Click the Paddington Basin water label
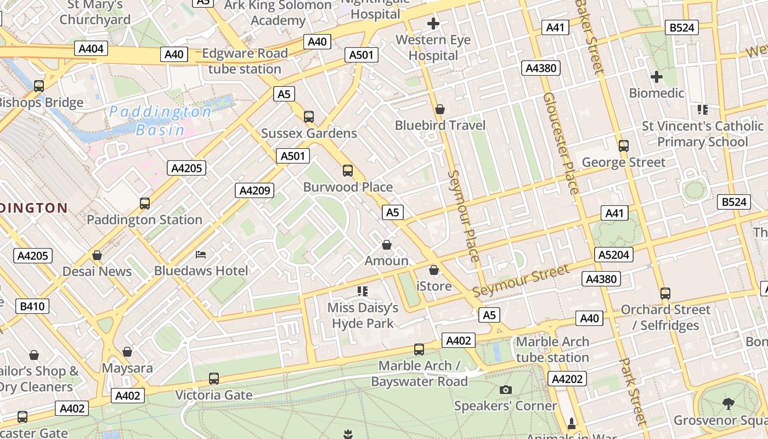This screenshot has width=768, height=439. [x=159, y=121]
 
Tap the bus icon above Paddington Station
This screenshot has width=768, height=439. [x=145, y=204]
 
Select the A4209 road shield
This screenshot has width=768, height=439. [x=255, y=190]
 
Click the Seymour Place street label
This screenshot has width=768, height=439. [x=464, y=215]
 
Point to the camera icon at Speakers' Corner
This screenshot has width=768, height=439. [x=506, y=390]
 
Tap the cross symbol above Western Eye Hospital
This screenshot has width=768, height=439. [x=433, y=24]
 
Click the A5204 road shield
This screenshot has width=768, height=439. [x=614, y=255]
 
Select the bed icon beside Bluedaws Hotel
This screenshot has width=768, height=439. [x=201, y=255]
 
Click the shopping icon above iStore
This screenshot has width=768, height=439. [x=434, y=270]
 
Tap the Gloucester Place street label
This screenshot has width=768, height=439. [x=561, y=143]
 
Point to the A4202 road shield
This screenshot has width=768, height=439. [x=567, y=379]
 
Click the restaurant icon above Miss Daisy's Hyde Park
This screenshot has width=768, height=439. [x=362, y=291]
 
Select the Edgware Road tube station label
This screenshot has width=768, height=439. [x=245, y=61]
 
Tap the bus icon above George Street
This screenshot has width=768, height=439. [x=623, y=146]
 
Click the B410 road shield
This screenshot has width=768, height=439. [x=32, y=306]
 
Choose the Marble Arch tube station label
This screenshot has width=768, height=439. [x=552, y=350]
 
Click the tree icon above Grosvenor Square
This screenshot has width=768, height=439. [x=729, y=404]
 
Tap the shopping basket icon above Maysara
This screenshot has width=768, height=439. [x=127, y=351]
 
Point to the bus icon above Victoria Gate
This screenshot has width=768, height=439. [x=214, y=379]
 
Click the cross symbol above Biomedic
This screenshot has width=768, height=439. [x=656, y=77]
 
